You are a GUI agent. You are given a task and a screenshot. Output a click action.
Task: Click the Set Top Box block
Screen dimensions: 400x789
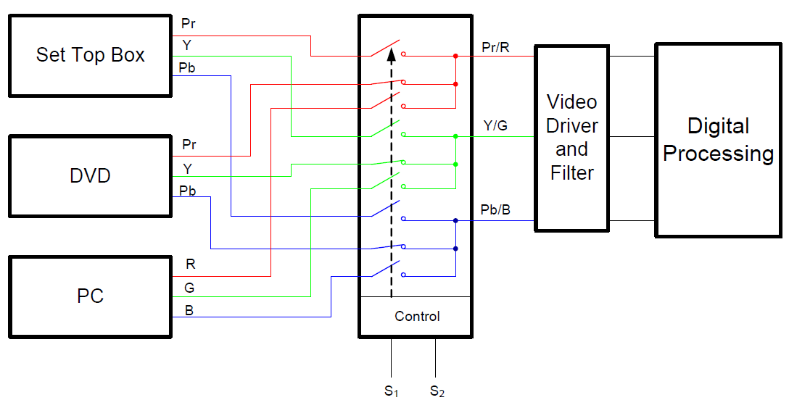pos(91,55)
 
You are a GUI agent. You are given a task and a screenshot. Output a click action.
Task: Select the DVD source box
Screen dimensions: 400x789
pos(91,175)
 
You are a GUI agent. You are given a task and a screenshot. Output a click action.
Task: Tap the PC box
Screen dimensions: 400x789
pos(91,296)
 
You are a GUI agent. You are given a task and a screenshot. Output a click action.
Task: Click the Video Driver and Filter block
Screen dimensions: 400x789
pos(572,138)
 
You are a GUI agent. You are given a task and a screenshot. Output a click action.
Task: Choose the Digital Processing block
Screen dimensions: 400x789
pos(719,139)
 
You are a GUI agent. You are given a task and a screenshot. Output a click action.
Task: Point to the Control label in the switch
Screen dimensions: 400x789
pos(417,317)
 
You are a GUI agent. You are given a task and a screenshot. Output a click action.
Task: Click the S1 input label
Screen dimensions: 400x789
pos(392,392)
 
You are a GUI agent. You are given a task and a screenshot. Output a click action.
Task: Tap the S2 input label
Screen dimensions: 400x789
pos(437,392)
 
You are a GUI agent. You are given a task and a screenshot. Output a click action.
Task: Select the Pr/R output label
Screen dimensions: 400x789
pos(496,48)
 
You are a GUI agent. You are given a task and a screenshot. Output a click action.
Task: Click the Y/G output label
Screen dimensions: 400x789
pos(495,127)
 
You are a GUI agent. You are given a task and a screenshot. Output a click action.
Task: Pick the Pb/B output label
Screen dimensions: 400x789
pos(495,210)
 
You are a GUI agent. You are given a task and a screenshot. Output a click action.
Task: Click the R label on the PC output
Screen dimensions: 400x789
pos(191,265)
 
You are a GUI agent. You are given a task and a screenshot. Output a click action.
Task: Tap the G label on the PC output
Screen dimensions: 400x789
pos(189,288)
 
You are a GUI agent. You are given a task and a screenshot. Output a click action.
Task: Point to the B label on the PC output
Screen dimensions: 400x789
pos(189,312)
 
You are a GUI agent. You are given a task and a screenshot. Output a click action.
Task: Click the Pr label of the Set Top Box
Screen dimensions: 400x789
pos(189,24)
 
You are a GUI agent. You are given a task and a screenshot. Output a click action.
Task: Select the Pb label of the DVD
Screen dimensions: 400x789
pos(188,191)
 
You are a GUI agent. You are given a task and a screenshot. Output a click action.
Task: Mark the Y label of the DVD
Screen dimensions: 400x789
pos(188,169)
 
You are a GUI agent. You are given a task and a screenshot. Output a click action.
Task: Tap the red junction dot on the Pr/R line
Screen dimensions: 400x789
pos(455,56)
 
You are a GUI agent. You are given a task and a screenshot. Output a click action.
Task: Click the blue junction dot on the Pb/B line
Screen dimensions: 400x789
pos(455,220)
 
